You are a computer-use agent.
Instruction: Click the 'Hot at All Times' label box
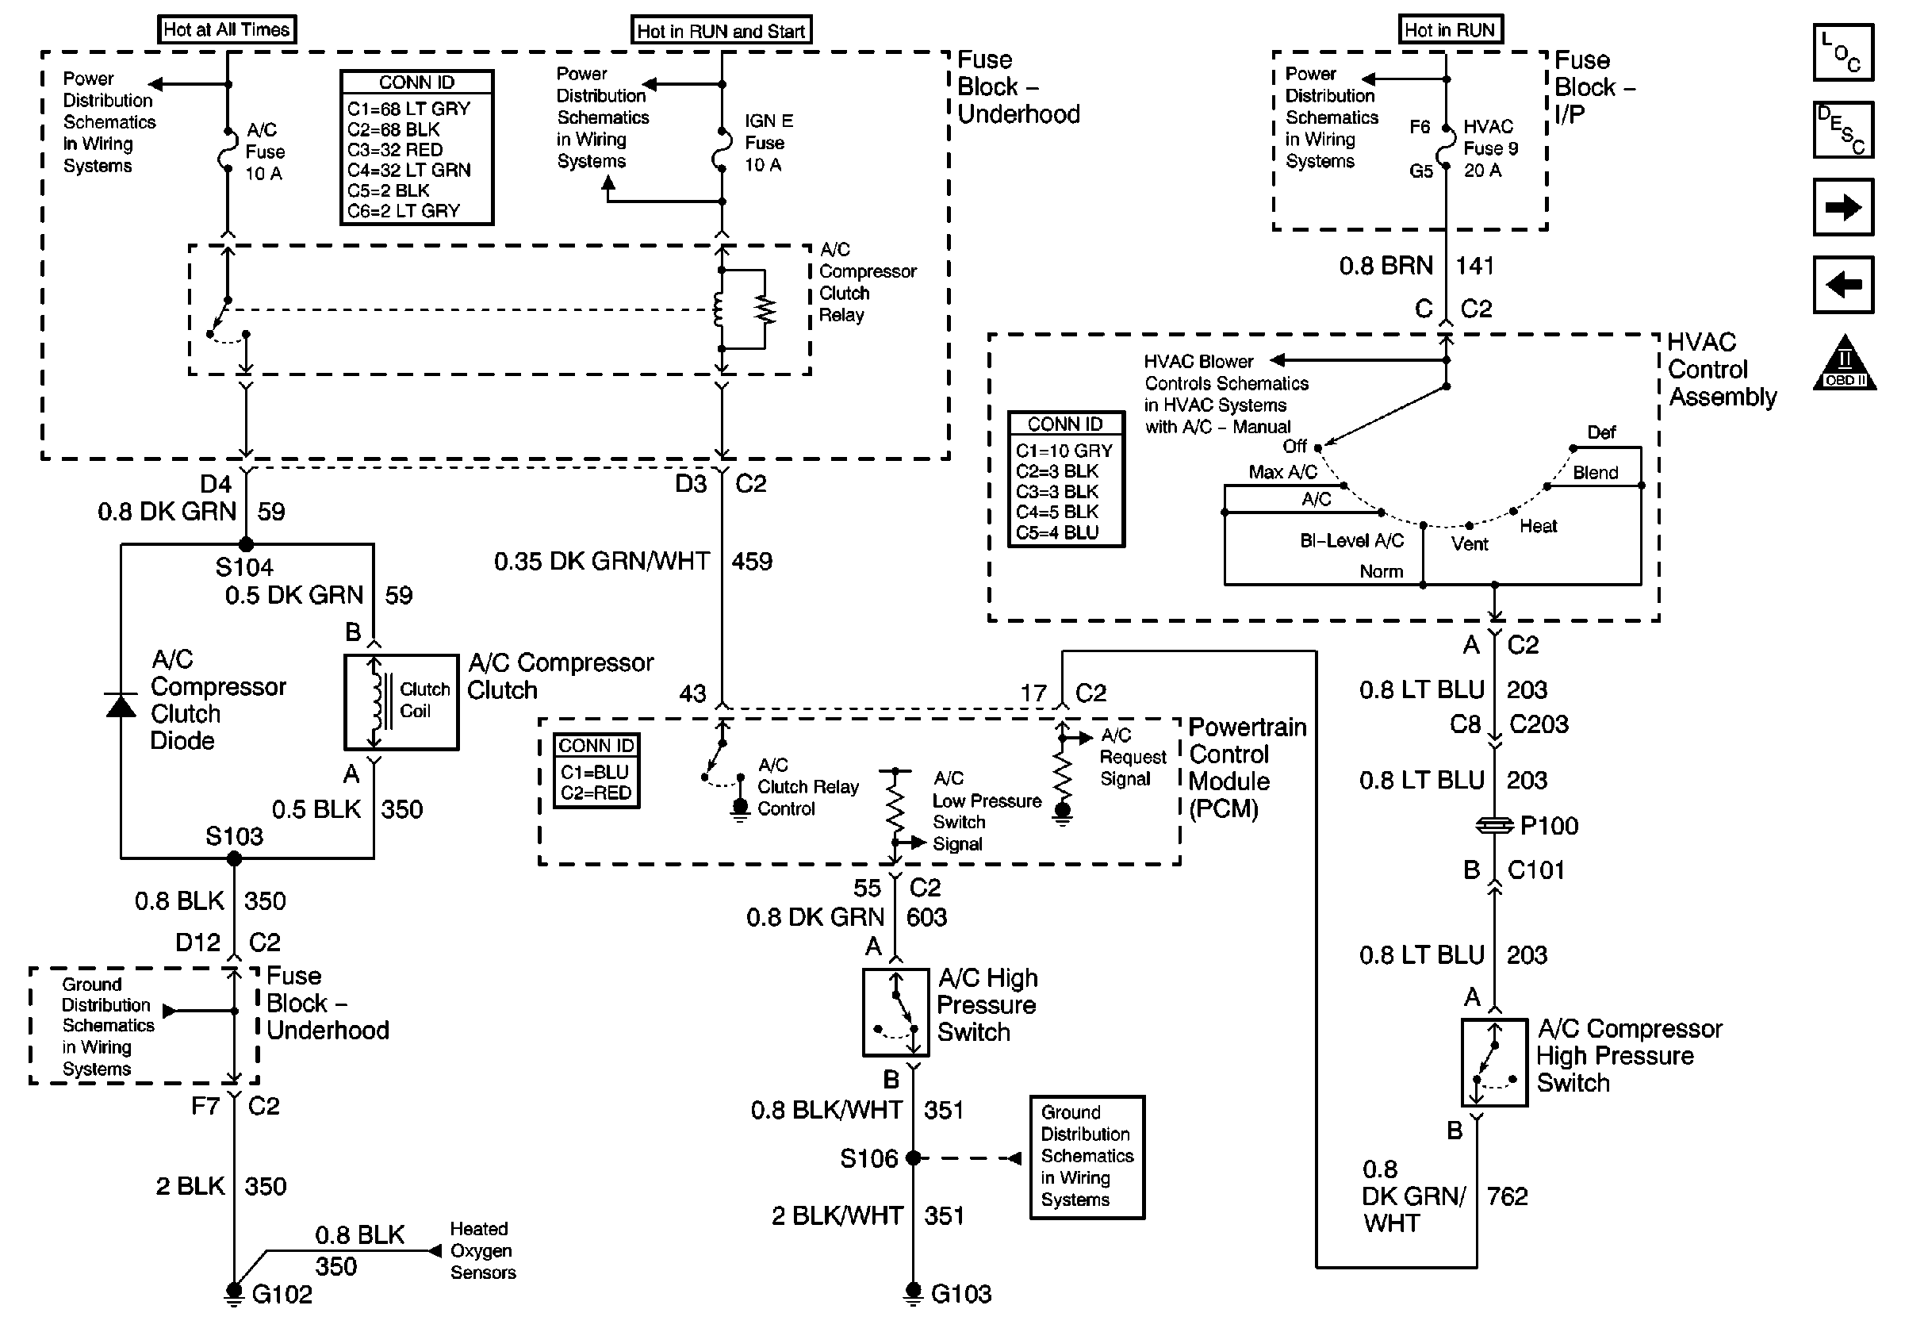coord(227,30)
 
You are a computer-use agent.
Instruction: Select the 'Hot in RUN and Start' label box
coord(720,31)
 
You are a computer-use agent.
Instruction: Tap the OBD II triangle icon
coord(1845,363)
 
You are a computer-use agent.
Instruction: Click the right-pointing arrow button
coord(1843,207)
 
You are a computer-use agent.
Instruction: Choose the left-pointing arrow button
coord(1843,285)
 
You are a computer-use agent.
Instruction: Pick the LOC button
coord(1843,53)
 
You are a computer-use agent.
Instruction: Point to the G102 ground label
coord(282,1295)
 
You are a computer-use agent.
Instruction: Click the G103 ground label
coord(960,1294)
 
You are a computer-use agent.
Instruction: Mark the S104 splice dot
coord(246,544)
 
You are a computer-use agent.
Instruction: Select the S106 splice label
coord(868,1158)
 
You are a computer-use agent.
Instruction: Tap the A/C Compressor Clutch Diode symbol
coord(121,705)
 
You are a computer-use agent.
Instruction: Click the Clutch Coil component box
coord(401,702)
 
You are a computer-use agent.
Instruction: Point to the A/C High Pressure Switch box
coord(895,1012)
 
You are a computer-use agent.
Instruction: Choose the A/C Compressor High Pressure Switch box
coord(1493,1062)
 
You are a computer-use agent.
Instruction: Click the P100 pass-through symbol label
coord(1548,826)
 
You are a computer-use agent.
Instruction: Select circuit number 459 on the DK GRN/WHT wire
coord(752,562)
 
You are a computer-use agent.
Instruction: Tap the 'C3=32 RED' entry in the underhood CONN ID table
coord(395,150)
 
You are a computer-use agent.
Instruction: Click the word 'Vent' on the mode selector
coord(1470,544)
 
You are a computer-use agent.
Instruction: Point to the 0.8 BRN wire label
coord(1386,266)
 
